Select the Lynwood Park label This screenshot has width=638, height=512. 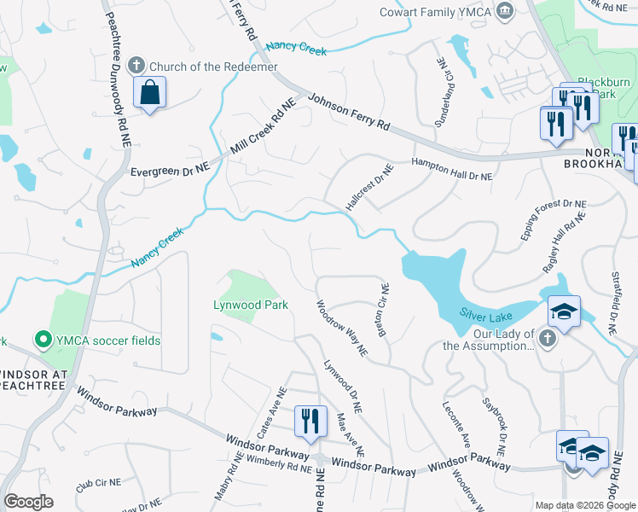[x=251, y=305]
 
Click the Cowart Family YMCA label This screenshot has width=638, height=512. [x=435, y=11]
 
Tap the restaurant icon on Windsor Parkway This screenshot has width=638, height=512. [x=310, y=421]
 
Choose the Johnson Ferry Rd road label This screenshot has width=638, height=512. [x=348, y=112]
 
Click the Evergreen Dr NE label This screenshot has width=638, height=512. [x=170, y=171]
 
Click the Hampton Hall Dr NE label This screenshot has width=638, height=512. [x=452, y=169]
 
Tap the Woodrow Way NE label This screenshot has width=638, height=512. [x=341, y=328]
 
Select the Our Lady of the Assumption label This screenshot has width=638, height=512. [x=489, y=340]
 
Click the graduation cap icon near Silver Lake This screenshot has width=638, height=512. [x=564, y=312]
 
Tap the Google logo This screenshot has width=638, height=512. [x=29, y=502]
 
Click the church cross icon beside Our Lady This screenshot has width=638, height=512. [x=548, y=340]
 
